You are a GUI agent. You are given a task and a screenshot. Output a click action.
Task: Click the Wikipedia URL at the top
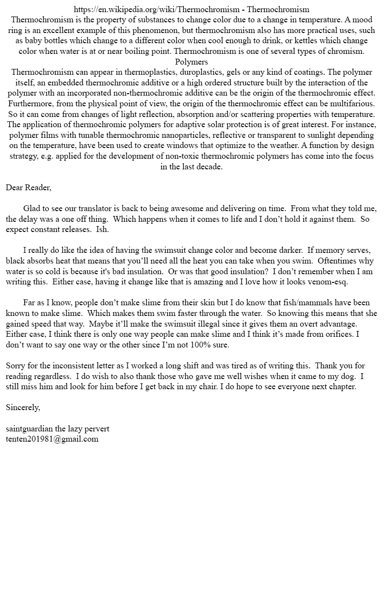(x=158, y=9)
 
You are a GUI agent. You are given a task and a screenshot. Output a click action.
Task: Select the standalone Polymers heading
(x=192, y=62)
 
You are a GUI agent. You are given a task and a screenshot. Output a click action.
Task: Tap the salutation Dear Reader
(x=29, y=187)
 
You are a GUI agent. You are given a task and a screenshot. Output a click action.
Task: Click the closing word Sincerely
(x=23, y=407)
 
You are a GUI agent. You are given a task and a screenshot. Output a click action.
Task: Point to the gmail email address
(x=52, y=439)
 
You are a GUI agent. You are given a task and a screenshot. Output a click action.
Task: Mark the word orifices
(x=336, y=334)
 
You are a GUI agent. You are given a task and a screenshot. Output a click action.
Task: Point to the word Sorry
(x=16, y=365)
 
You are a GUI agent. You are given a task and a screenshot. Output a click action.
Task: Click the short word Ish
(x=102, y=229)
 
